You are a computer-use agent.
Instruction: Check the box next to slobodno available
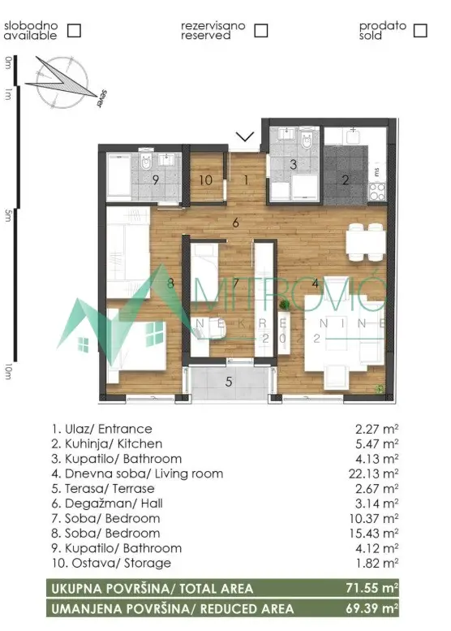(74, 31)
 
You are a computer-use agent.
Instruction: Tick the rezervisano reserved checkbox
(260, 31)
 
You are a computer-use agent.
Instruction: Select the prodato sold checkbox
(419, 31)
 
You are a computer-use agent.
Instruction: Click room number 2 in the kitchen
(345, 180)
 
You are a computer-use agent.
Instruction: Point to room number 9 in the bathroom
(156, 179)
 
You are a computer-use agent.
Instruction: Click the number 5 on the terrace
(229, 380)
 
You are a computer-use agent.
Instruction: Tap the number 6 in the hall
(235, 223)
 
